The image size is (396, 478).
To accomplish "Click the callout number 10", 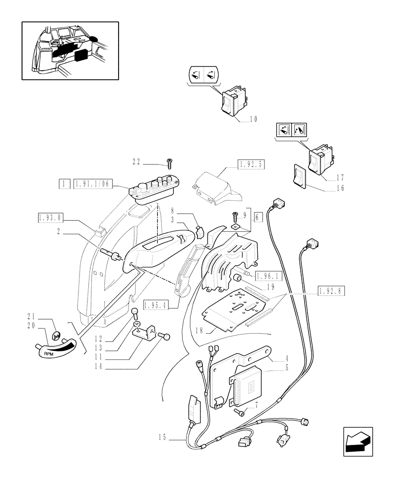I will coord(253,119).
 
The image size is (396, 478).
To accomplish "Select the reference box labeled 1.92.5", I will coord(251,165).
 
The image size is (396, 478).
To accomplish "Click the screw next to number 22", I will coord(169,163).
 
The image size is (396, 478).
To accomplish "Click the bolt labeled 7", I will coord(240,411).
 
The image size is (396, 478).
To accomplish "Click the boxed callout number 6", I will coord(259,217).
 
